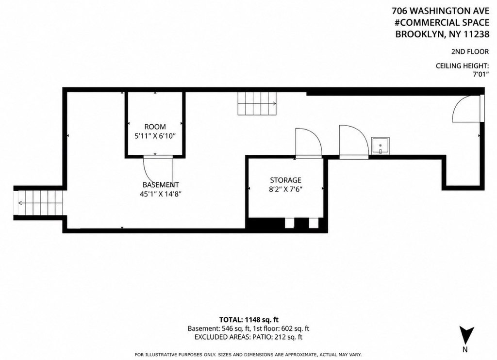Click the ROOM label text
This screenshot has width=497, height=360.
155,127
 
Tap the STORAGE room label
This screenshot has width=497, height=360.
285,180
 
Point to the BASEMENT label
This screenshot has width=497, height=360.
160,185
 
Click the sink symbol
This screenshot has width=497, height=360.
381,146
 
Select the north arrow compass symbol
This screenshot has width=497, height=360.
465,335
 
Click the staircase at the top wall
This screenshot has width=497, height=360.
257,104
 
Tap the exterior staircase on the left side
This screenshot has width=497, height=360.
40,202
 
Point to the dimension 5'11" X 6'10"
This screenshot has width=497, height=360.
155,136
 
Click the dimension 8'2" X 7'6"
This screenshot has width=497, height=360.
285,189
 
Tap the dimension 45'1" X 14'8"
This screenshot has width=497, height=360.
160,194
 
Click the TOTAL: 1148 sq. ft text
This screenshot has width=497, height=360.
249,319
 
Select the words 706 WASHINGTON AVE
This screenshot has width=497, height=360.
441,11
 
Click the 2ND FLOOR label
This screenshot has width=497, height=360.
470,51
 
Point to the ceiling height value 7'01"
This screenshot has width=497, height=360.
481,74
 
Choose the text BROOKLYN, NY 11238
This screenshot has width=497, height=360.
442,34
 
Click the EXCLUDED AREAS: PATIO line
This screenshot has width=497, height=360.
248,337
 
